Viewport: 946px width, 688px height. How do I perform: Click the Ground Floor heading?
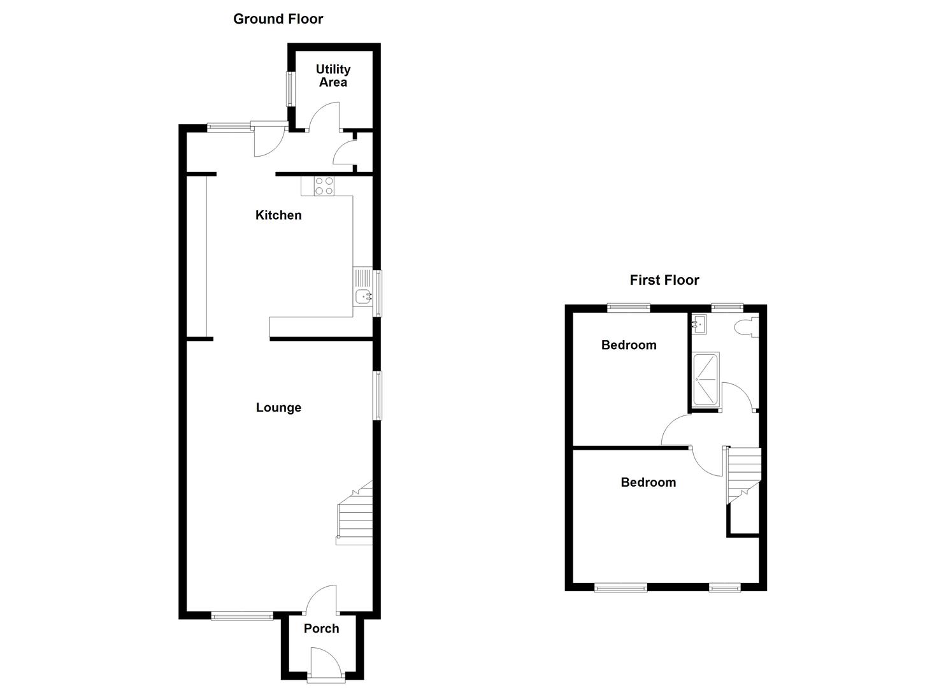(278, 19)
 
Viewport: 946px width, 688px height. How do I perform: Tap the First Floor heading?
(664, 280)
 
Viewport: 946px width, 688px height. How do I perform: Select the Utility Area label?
(333, 76)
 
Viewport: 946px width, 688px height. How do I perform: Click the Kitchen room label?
(278, 215)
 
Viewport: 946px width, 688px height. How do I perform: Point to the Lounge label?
(278, 408)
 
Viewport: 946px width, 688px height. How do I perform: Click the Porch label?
(321, 629)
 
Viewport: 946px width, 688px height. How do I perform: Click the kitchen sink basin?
(364, 296)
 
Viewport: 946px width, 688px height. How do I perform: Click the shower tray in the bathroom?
(706, 379)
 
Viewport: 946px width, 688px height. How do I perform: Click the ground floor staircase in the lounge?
(354, 516)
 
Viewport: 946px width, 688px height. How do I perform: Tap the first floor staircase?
(744, 475)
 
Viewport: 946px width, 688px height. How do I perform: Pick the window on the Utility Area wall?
(290, 89)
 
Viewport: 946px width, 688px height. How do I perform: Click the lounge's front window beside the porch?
(242, 615)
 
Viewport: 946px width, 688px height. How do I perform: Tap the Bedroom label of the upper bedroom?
(629, 345)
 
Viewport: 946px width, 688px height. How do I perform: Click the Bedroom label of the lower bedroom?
(648, 482)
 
